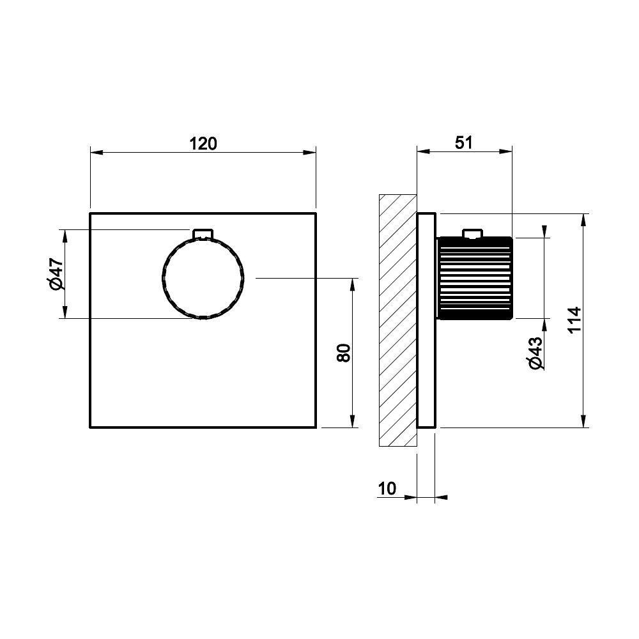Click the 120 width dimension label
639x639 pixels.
(203, 143)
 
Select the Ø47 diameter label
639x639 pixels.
(56, 274)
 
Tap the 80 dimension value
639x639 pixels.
(344, 353)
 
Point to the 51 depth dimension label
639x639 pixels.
(464, 142)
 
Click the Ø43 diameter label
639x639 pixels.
(536, 353)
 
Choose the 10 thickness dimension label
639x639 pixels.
(387, 488)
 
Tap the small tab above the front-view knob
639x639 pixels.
(203, 233)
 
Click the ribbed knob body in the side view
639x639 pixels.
(475, 279)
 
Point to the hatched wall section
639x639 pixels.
(397, 320)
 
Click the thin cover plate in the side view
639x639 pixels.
(426, 320)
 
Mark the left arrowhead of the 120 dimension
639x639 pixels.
(96, 153)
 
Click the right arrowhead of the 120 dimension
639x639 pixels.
(309, 153)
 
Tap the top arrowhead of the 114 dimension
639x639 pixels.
(583, 220)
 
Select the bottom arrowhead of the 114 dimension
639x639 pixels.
(583, 421)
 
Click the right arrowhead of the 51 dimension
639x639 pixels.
(505, 151)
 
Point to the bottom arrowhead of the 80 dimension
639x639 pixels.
(352, 421)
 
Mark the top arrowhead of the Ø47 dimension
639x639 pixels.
(65, 236)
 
